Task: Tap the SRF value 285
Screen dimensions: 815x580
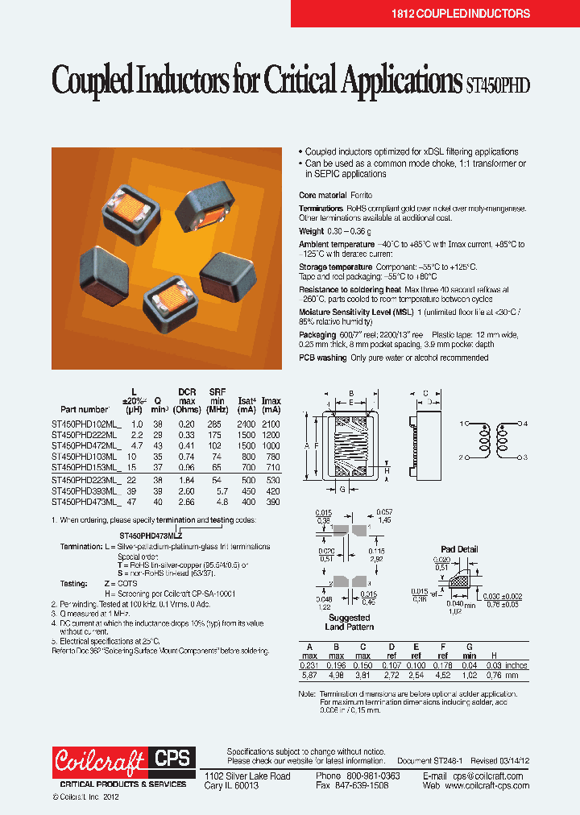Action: coord(213,424)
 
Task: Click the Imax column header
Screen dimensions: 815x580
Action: coord(271,401)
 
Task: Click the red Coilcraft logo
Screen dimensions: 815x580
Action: coord(100,759)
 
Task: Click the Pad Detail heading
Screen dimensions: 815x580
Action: coord(459,549)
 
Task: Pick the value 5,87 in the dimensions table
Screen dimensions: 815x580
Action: coord(306,676)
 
